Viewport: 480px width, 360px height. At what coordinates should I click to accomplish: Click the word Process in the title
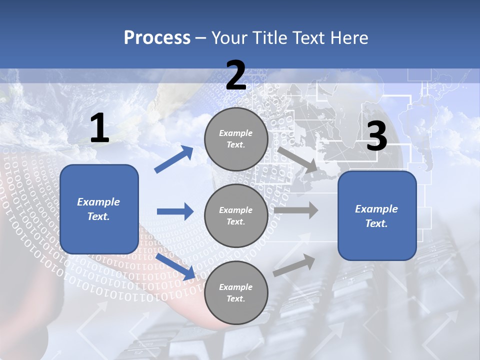pos(157,37)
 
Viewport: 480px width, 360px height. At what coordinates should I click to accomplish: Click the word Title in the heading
pos(269,37)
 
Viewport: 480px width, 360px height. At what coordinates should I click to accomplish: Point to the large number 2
pos(236,75)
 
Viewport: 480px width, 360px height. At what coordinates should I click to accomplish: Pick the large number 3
pos(376,136)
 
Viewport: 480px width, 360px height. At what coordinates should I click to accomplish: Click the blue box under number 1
pos(99,209)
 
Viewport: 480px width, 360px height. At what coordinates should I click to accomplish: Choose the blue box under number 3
pos(377,215)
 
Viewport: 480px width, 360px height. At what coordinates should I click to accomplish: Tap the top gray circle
pos(236,139)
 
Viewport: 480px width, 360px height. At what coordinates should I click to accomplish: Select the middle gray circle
pos(236,215)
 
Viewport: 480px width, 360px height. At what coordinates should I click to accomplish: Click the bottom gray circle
pos(236,292)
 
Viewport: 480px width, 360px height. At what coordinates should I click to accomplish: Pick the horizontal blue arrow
pos(175,211)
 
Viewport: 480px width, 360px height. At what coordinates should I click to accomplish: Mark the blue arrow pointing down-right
pos(175,266)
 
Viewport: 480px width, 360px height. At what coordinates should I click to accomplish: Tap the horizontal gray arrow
pos(296,210)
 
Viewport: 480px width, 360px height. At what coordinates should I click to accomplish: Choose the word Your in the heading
pos(230,37)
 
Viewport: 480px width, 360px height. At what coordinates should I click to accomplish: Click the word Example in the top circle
pos(236,133)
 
